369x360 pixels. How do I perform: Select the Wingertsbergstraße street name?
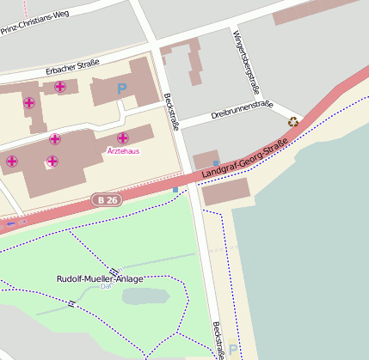(246, 60)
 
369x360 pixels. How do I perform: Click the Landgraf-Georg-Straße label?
(243, 160)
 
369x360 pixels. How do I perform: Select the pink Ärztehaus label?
(122, 151)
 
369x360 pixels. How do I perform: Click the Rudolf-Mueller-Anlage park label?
(100, 279)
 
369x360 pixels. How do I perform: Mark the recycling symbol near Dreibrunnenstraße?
(294, 122)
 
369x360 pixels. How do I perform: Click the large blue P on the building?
(122, 88)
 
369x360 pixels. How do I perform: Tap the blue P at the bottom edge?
(231, 351)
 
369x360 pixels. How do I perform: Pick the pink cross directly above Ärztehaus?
(123, 137)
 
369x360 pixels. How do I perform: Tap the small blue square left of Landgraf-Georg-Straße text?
(215, 163)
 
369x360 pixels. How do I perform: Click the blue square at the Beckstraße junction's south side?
(175, 189)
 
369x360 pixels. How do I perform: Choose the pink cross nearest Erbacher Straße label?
(59, 86)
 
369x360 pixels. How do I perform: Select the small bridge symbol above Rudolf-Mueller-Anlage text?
(114, 272)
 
